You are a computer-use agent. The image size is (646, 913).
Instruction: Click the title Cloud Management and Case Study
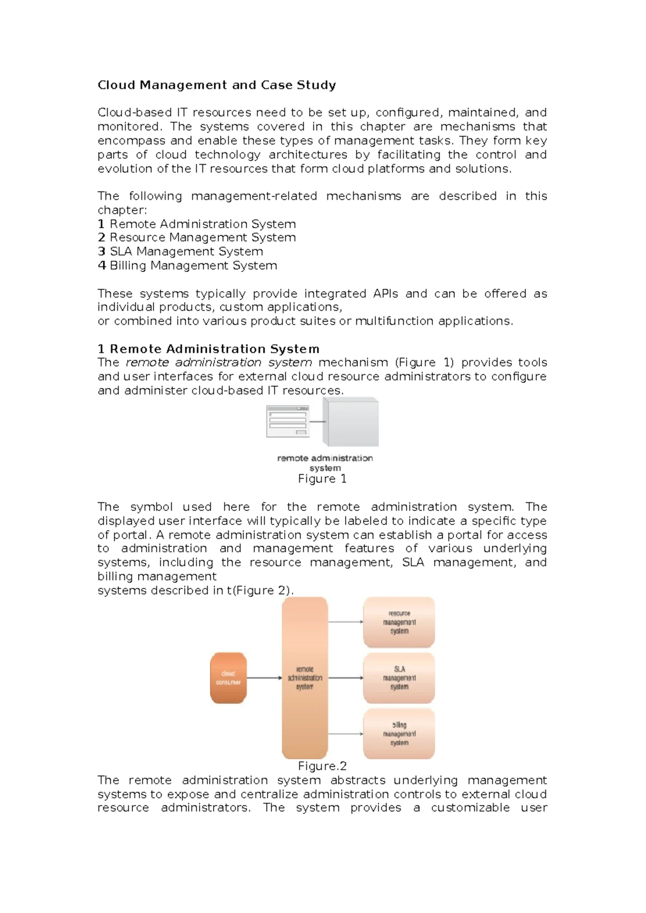[x=217, y=85]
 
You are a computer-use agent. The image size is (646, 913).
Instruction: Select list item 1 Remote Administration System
[x=197, y=224]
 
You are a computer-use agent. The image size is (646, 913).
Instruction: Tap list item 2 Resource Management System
[x=197, y=237]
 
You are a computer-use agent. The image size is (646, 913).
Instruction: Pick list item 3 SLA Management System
[x=180, y=251]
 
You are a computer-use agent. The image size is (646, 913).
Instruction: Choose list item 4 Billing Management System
[x=187, y=266]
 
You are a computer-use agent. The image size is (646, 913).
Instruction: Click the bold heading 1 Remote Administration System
[x=209, y=349]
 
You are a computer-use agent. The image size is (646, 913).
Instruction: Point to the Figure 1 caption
[x=322, y=479]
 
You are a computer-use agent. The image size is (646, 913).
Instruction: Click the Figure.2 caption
[x=322, y=767]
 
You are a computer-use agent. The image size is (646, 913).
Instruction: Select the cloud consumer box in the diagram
[x=228, y=678]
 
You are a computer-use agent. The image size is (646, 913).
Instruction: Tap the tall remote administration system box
[x=305, y=678]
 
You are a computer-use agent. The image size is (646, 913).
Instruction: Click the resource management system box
[x=399, y=622]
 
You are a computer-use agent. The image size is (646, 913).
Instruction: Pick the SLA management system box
[x=399, y=678]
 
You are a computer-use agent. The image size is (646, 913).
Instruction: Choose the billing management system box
[x=399, y=734]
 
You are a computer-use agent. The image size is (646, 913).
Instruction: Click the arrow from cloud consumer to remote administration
[x=264, y=678]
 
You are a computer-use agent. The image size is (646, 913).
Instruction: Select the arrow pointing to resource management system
[x=346, y=622]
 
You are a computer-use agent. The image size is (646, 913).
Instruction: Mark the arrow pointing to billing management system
[x=346, y=734]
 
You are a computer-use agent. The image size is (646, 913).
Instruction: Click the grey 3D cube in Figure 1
[x=350, y=422]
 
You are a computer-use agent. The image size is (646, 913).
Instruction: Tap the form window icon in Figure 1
[x=288, y=422]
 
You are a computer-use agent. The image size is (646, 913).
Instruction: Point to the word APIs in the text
[x=385, y=294]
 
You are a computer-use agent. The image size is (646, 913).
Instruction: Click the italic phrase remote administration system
[x=219, y=363]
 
